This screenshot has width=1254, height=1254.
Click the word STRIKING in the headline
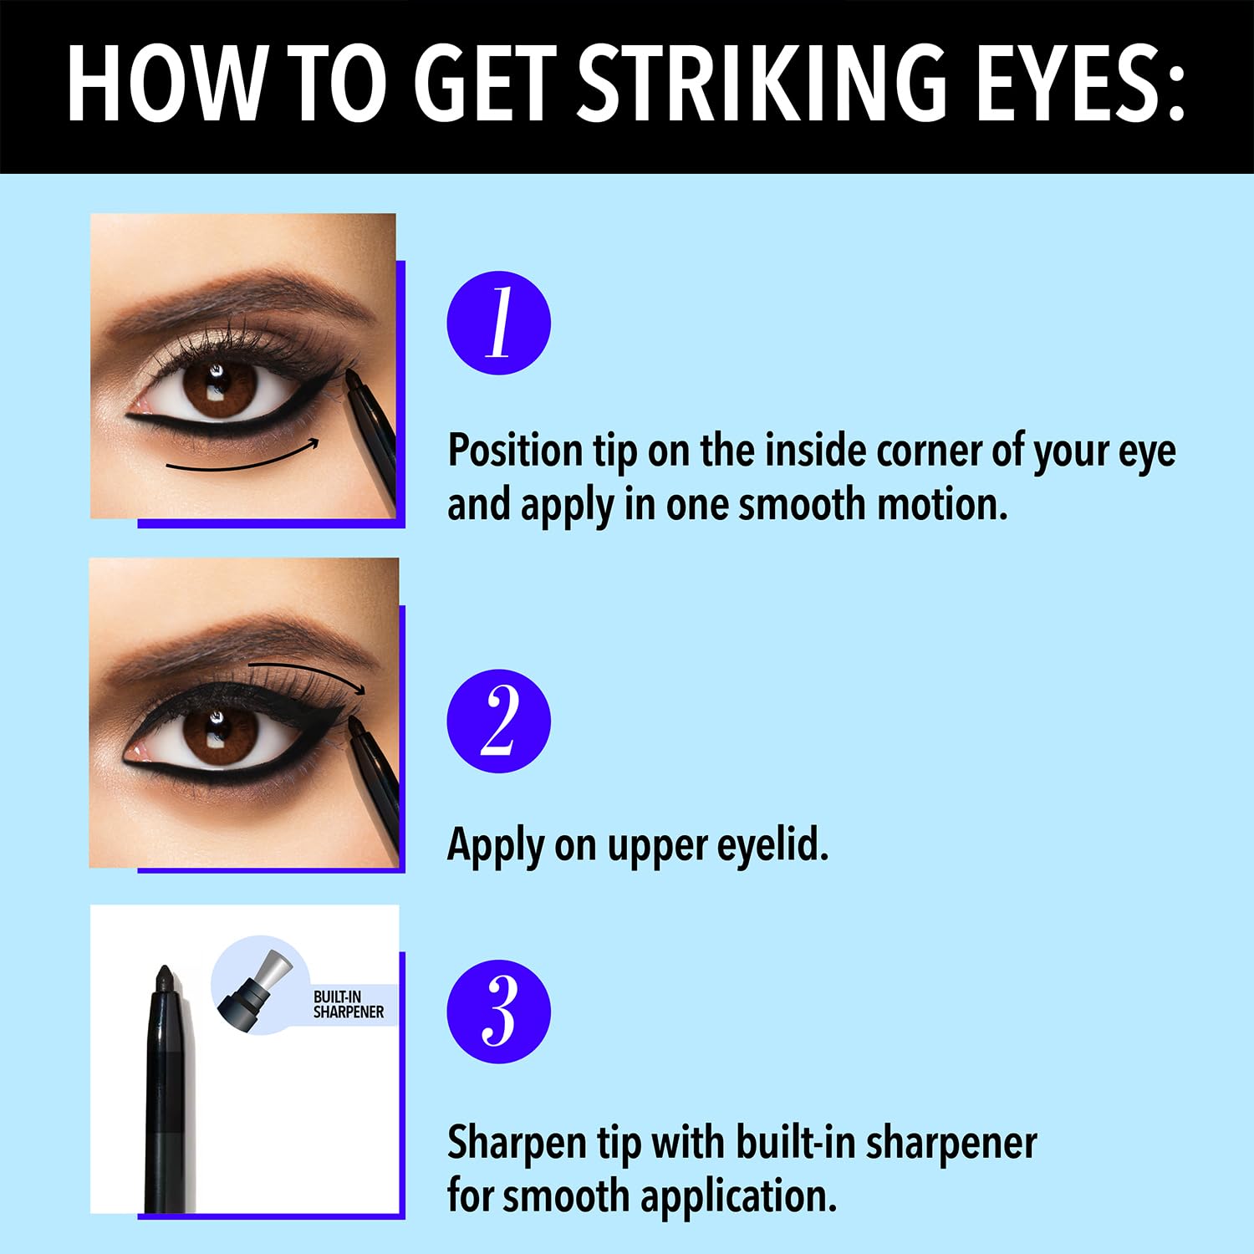tap(762, 84)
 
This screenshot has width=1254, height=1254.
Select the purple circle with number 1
tap(498, 323)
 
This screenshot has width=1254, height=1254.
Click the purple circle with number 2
tap(498, 721)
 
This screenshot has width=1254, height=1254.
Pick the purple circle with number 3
tap(498, 1011)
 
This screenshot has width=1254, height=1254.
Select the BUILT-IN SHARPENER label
tap(348, 1004)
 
